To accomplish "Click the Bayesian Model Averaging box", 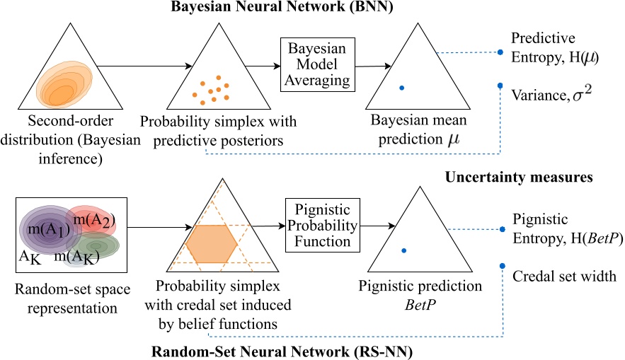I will [x=316, y=64].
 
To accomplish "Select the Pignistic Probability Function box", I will [x=317, y=224].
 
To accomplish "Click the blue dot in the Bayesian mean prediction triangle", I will [x=401, y=88].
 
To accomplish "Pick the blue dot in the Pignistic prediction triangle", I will [x=403, y=250].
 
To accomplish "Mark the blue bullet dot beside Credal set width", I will [x=502, y=266].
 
